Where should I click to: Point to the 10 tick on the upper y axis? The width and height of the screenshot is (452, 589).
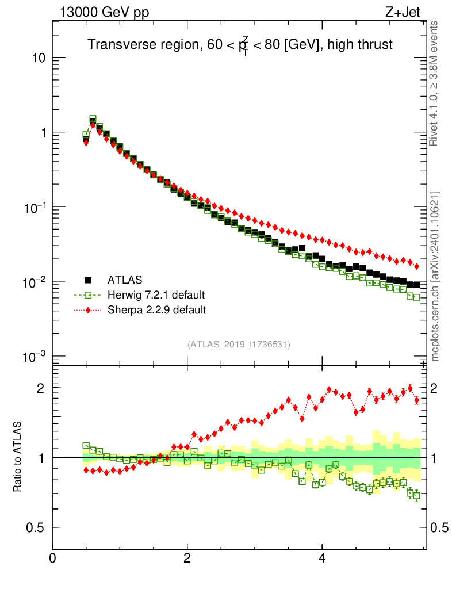(39, 58)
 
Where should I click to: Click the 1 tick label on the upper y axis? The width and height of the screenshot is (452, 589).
(42, 132)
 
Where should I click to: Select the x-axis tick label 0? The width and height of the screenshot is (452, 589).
(52, 558)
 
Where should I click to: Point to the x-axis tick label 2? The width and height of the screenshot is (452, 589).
(187, 558)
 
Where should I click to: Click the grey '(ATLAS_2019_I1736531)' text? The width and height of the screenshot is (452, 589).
(239, 345)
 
